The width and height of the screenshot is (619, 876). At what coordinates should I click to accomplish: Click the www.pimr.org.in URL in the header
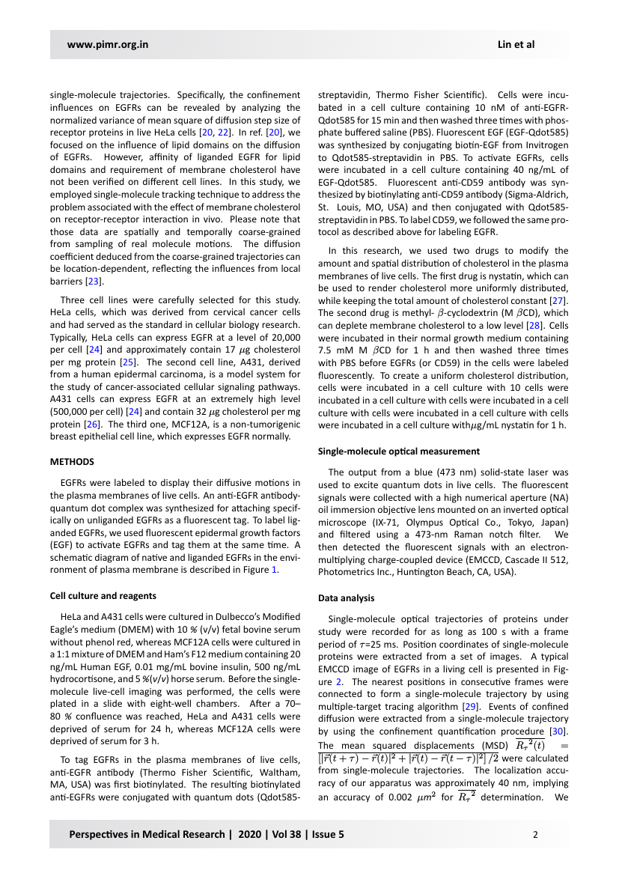click(x=108, y=44)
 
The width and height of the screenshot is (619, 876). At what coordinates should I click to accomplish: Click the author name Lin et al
click(x=516, y=44)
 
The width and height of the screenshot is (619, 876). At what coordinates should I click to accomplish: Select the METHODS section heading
click(x=72, y=461)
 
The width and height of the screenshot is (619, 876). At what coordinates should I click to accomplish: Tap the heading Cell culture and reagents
click(x=103, y=596)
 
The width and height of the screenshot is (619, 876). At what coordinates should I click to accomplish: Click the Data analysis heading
click(x=347, y=598)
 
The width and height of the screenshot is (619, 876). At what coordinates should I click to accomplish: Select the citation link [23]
click(x=93, y=281)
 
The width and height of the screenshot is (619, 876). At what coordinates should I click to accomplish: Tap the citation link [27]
click(x=555, y=300)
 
